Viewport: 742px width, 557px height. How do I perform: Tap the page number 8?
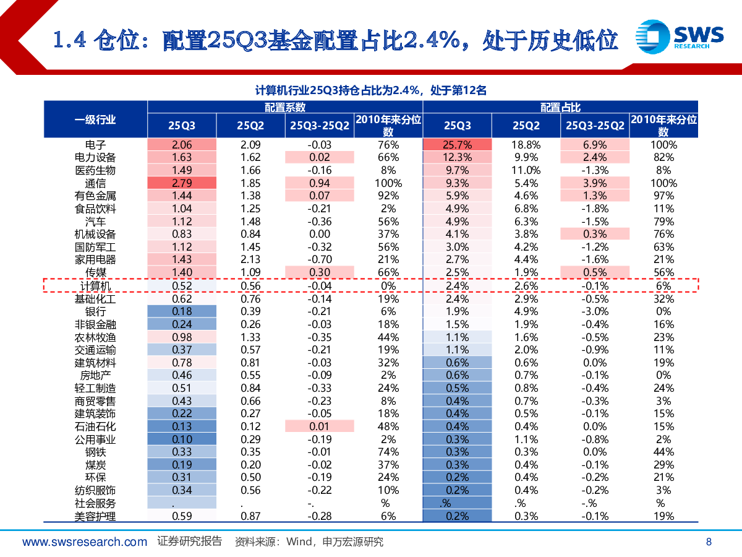[x=709, y=542]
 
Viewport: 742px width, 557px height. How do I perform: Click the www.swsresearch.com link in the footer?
[x=85, y=542]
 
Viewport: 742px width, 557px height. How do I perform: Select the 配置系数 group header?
[x=285, y=107]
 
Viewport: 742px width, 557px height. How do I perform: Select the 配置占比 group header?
[x=560, y=107]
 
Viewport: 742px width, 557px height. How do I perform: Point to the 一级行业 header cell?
[x=95, y=119]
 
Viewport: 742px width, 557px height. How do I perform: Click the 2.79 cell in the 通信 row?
[x=182, y=183]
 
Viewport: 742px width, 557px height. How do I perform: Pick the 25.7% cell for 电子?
[x=458, y=145]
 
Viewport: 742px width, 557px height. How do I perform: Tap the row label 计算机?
[x=95, y=286]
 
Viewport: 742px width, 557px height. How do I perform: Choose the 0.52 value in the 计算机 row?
[x=182, y=286]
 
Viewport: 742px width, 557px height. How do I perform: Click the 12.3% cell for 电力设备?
[x=458, y=157]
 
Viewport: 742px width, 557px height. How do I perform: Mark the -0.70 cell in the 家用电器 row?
[x=320, y=260]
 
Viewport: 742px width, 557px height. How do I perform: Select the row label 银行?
[x=95, y=311]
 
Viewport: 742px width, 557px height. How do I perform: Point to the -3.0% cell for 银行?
[x=595, y=311]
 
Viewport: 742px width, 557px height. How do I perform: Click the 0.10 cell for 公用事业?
[x=182, y=439]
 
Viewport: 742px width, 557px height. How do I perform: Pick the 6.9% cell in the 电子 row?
[x=595, y=145]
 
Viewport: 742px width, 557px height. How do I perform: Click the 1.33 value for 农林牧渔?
[x=250, y=337]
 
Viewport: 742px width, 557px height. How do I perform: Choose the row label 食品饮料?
[x=95, y=209]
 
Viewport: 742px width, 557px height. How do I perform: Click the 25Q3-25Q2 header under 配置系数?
[x=320, y=126]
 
